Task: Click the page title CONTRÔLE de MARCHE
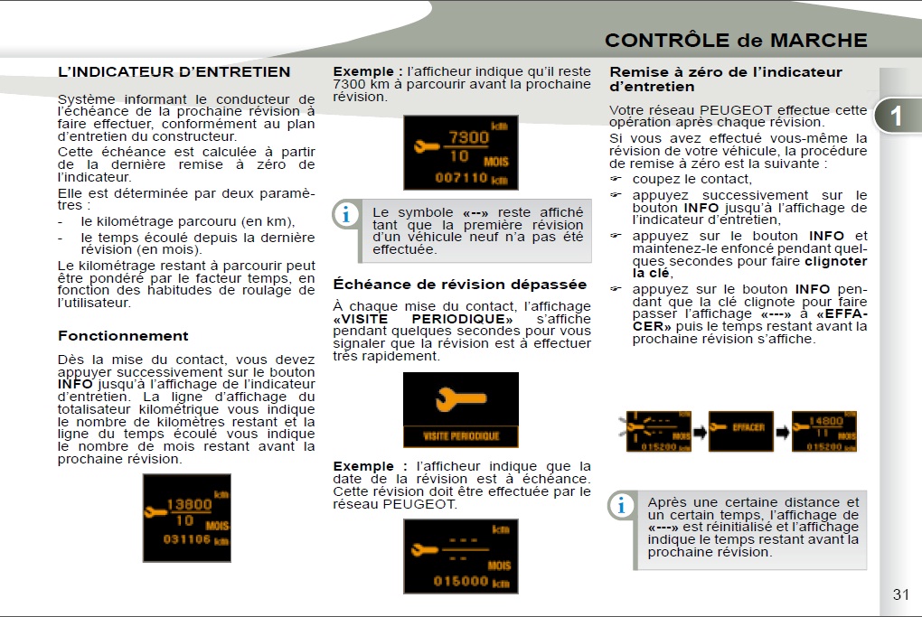point(735,41)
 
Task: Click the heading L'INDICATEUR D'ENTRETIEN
point(174,72)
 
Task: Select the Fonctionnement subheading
point(123,336)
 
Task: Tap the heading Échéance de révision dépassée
point(460,285)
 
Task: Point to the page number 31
point(900,594)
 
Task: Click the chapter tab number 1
point(895,116)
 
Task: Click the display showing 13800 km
point(187,517)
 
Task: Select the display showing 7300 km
point(461,152)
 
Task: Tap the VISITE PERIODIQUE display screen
point(461,410)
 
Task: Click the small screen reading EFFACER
point(741,431)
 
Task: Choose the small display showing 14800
point(823,431)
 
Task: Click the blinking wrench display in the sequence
point(658,431)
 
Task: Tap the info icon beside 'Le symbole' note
point(345,215)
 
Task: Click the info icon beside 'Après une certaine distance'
point(621,506)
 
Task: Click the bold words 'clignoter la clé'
point(750,267)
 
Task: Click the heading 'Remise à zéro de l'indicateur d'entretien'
point(726,79)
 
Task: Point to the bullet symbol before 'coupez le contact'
point(616,180)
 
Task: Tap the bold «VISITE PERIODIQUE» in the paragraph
point(423,319)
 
